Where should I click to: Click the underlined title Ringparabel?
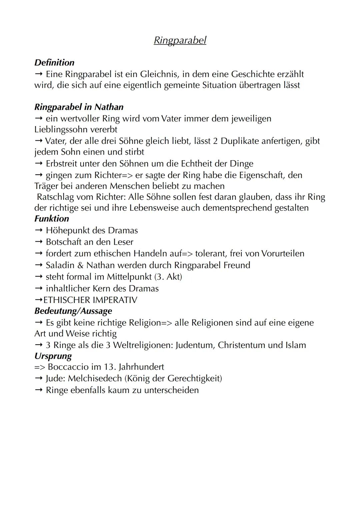click(180, 40)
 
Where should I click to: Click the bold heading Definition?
click(54, 63)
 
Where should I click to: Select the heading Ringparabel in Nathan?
click(79, 107)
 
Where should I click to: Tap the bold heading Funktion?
click(52, 219)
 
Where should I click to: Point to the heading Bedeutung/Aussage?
click(73, 311)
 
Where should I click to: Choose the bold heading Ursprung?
click(53, 356)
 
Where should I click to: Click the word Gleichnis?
click(158, 74)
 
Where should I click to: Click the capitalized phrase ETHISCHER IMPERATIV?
click(90, 300)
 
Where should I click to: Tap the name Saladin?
click(60, 265)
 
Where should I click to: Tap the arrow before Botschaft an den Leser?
click(39, 242)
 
